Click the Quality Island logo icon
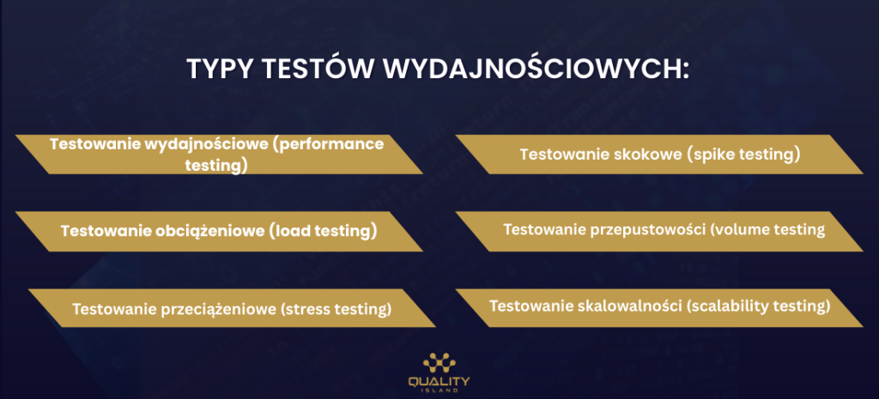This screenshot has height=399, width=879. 439,365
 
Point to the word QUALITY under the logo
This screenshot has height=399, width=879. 439,382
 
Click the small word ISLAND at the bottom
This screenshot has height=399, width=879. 439,391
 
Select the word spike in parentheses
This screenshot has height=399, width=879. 712,154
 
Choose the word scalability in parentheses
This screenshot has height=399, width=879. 730,307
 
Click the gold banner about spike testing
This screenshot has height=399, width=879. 659,154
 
